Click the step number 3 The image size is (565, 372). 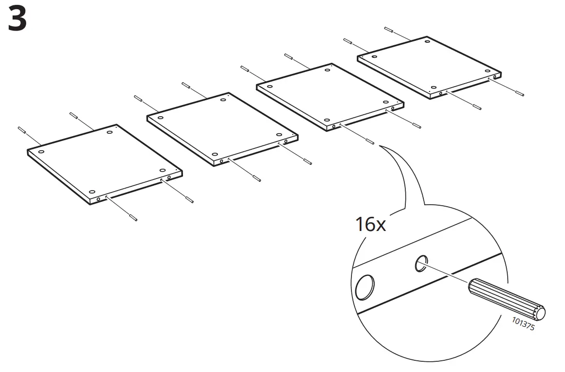pyautogui.click(x=17, y=20)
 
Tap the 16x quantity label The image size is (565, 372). pyautogui.click(x=370, y=225)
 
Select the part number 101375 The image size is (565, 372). pyautogui.click(x=523, y=324)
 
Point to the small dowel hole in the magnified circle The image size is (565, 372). pyautogui.click(x=420, y=264)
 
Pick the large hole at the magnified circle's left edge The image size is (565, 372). pyautogui.click(x=365, y=287)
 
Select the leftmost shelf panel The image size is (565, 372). pyautogui.click(x=104, y=163)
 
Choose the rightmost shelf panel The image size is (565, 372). pyautogui.click(x=430, y=66)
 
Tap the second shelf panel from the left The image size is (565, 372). pyautogui.click(x=222, y=128)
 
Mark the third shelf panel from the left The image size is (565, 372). pyautogui.click(x=330, y=95)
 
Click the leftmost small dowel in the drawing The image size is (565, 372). pyautogui.click(x=21, y=130)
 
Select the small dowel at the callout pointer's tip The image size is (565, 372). pyautogui.click(x=370, y=142)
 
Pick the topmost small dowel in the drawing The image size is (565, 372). pyautogui.click(x=388, y=29)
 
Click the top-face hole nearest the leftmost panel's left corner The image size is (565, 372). pyautogui.click(x=41, y=152)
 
